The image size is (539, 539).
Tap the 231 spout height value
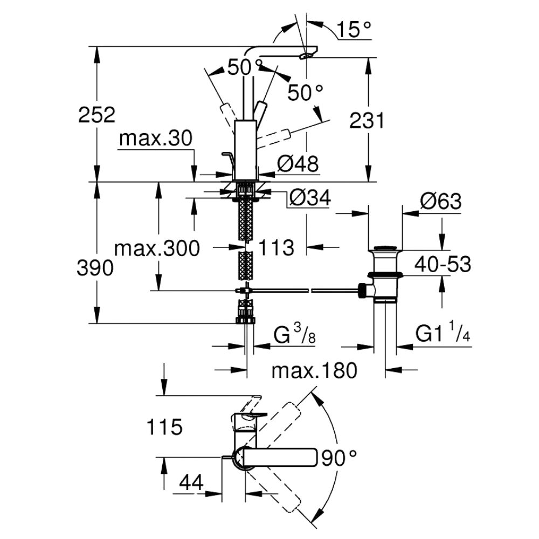click(x=367, y=121)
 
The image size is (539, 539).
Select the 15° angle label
click(x=354, y=29)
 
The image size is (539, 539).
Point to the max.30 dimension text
click(x=156, y=139)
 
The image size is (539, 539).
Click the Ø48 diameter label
click(x=298, y=164)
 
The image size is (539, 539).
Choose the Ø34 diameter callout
click(x=310, y=198)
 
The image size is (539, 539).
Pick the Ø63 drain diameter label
click(x=440, y=201)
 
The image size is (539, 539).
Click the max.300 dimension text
click(x=157, y=248)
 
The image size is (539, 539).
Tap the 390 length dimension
click(x=95, y=268)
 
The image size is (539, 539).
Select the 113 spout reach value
click(x=276, y=247)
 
